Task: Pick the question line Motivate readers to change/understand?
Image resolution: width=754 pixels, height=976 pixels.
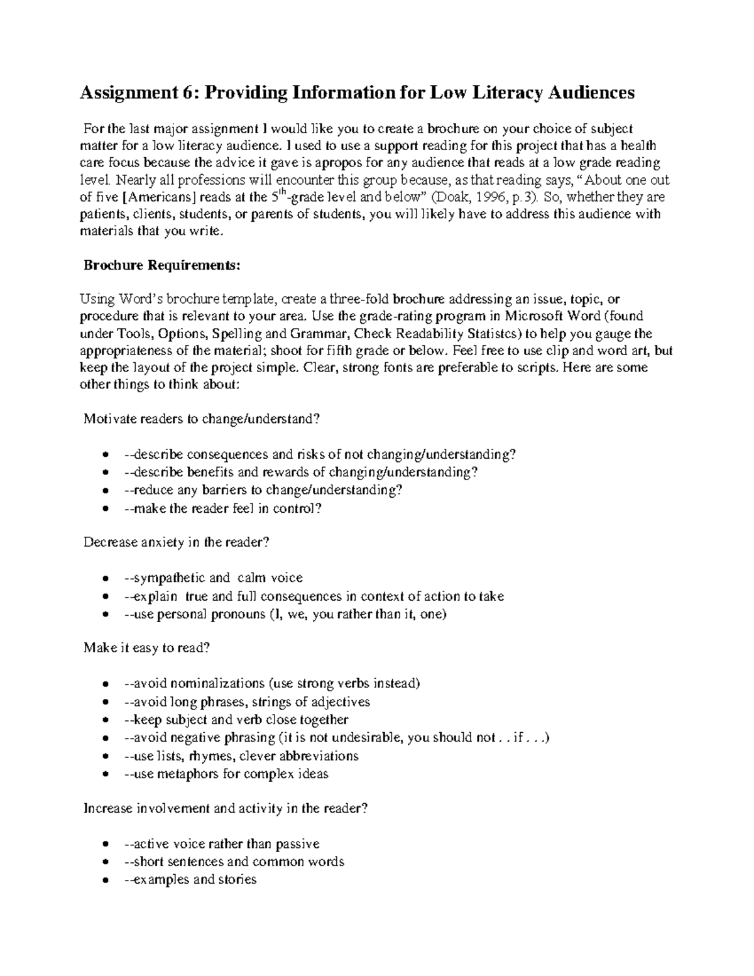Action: (x=202, y=419)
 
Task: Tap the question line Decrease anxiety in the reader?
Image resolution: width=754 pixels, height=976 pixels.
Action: (x=177, y=542)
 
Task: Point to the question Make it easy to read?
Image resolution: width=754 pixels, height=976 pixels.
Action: (x=146, y=647)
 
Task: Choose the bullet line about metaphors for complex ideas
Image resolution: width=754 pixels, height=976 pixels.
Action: (x=227, y=774)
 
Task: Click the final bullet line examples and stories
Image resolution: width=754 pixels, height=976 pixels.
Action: (x=191, y=879)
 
